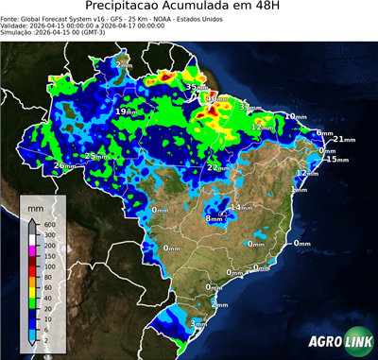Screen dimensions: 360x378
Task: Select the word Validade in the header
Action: tap(17, 30)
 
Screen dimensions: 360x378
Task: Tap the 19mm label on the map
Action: tap(125, 111)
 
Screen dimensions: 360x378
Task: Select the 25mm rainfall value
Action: tap(95, 156)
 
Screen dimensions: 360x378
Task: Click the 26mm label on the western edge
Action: tap(64, 165)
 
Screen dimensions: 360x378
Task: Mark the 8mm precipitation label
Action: tap(215, 218)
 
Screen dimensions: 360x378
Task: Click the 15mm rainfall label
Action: tap(336, 159)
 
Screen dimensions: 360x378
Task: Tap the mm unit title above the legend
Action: tap(36, 204)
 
